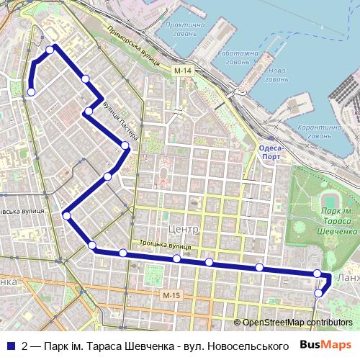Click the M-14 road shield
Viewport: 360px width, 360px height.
[183, 71]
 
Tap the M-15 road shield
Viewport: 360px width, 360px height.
[171, 296]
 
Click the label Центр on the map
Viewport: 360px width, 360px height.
[182, 228]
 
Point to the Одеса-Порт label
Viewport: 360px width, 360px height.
[271, 152]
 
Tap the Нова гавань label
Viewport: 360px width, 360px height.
[275, 75]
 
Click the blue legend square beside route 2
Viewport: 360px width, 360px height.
[11, 346]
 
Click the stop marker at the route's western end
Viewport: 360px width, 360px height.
[32, 92]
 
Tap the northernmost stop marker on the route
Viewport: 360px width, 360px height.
[50, 49]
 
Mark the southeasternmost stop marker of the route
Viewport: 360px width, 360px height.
[319, 293]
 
